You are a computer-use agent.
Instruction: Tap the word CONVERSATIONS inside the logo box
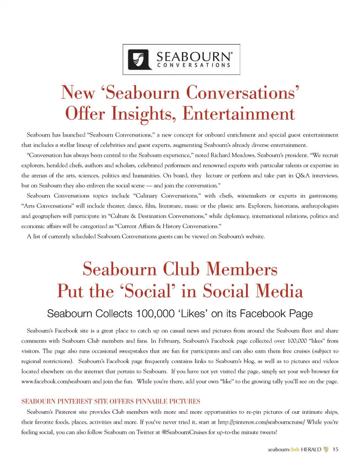coord(194,65)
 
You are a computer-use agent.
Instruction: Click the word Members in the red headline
coord(241,269)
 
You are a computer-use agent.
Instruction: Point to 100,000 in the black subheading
coord(155,314)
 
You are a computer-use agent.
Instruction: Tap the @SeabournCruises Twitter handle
coord(184,432)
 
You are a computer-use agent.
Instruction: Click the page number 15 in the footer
coord(335,449)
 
